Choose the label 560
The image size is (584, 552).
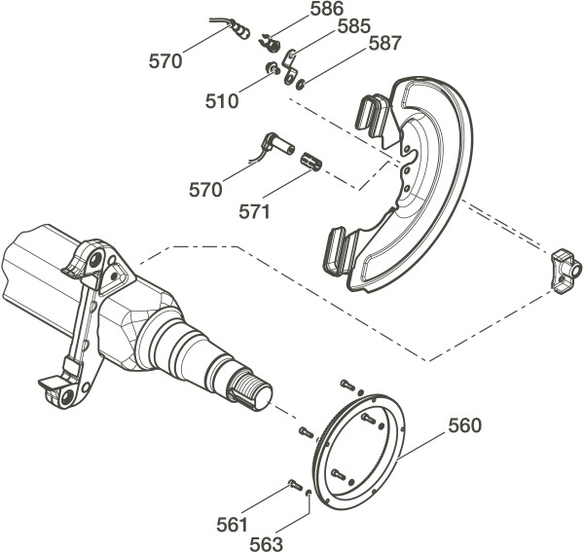click(464, 425)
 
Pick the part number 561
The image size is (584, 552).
click(233, 526)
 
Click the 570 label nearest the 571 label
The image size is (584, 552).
click(206, 191)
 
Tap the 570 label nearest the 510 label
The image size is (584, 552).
click(165, 61)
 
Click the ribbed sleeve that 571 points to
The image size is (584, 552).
click(312, 160)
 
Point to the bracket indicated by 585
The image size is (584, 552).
click(290, 69)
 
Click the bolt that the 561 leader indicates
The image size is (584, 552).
click(294, 484)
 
